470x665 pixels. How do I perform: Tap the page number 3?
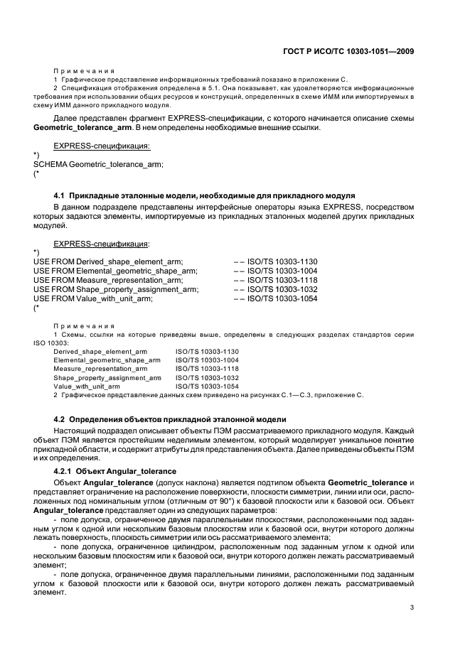pyautogui.click(x=412, y=607)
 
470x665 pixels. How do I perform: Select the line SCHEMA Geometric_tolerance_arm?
pyautogui.click(x=98, y=165)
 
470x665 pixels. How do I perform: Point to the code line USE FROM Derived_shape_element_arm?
pyautogui.click(x=108, y=261)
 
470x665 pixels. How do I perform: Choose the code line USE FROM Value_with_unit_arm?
pyautogui.click(x=93, y=298)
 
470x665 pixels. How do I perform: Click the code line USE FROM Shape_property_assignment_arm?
pyautogui.click(x=116, y=289)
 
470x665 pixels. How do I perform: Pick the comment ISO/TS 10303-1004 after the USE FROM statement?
pyautogui.click(x=282, y=271)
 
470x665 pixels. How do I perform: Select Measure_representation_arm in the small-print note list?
pyautogui.click(x=100, y=369)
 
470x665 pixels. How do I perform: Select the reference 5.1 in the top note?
pyautogui.click(x=191, y=88)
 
